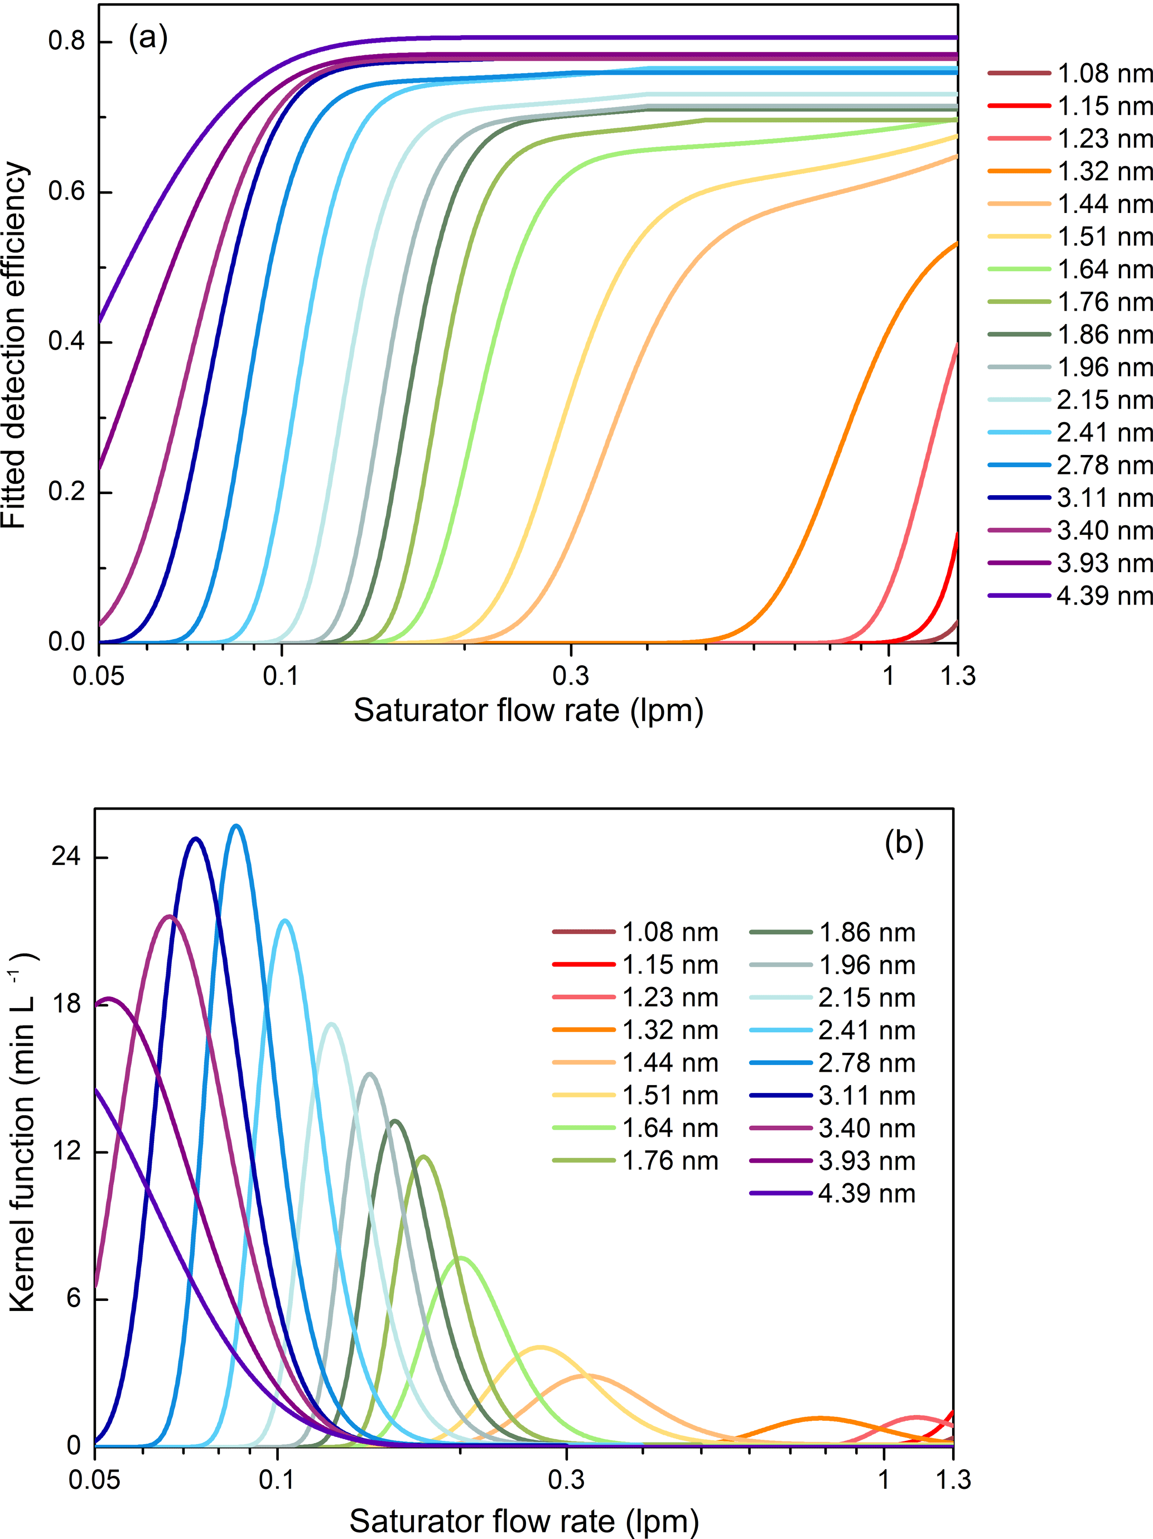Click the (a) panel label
click(x=147, y=38)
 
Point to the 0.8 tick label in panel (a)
click(x=66, y=41)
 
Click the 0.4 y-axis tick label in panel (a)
click(x=66, y=342)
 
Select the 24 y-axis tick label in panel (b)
click(x=66, y=856)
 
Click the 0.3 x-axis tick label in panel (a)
click(x=570, y=676)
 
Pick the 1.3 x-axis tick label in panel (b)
click(x=953, y=1480)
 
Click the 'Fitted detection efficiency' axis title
click(x=14, y=346)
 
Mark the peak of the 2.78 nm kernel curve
click(x=237, y=826)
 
